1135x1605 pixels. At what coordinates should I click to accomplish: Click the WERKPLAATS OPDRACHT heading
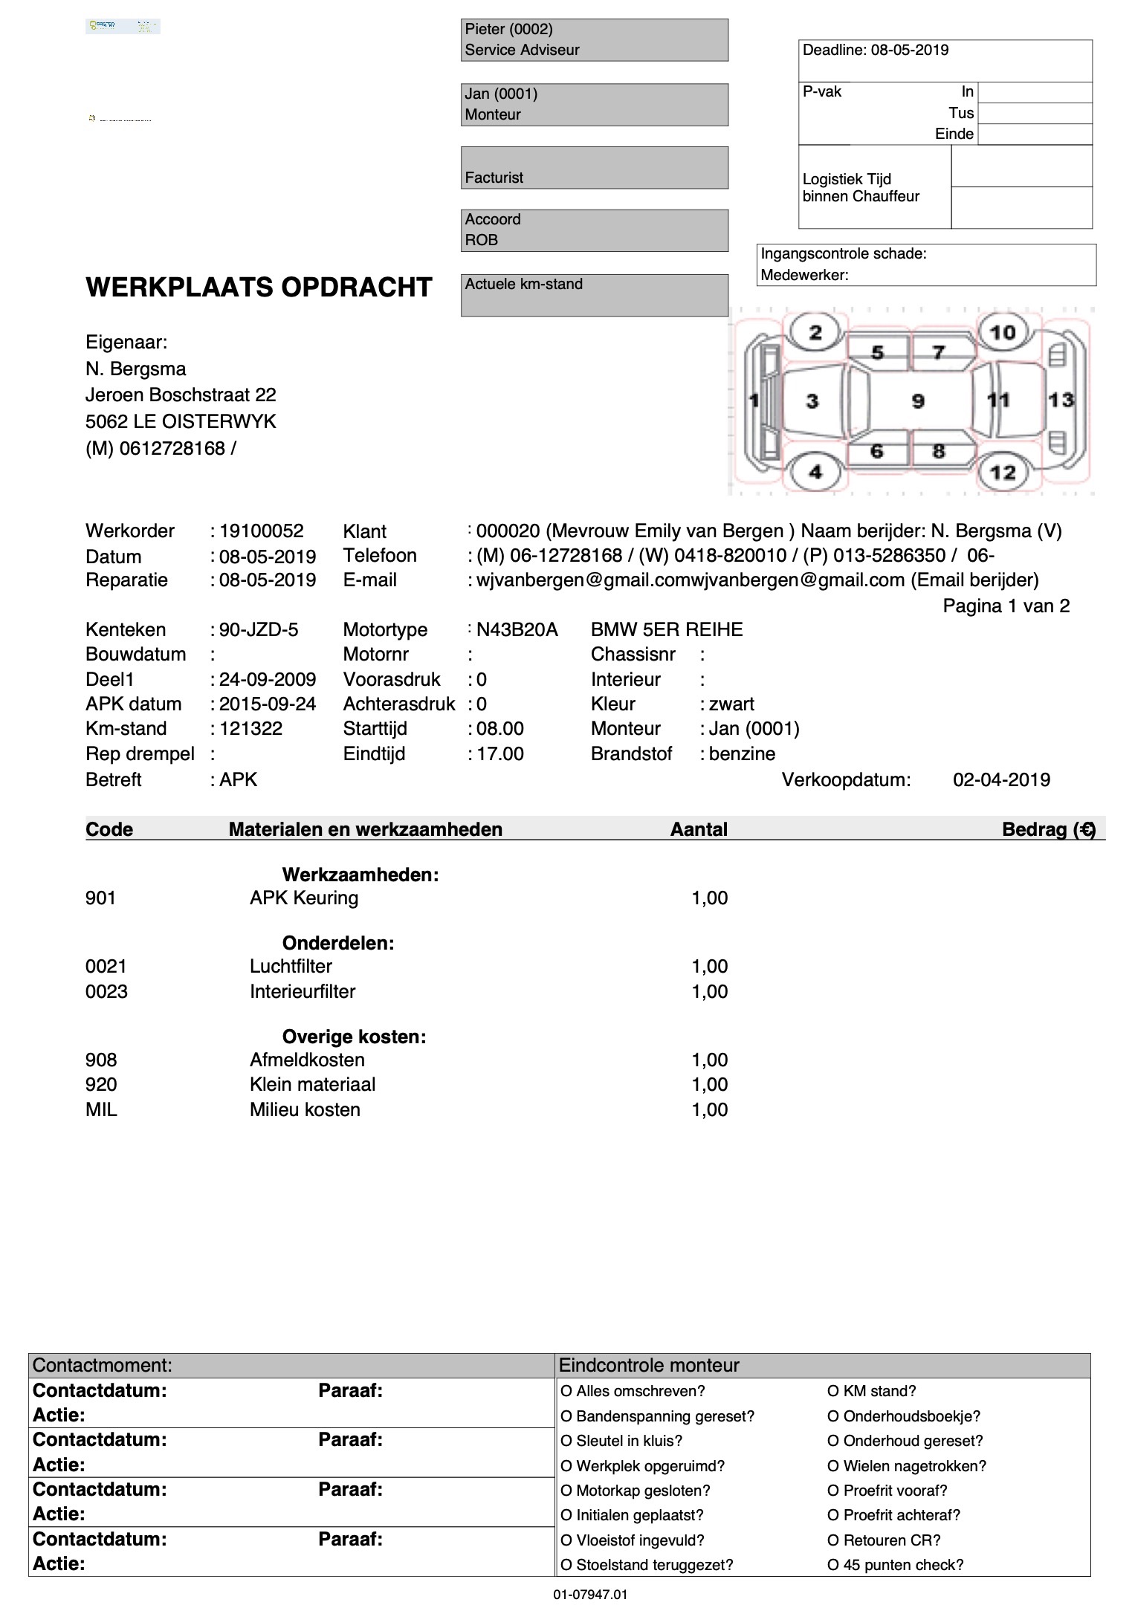[259, 288]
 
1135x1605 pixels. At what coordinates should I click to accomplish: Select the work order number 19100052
[261, 531]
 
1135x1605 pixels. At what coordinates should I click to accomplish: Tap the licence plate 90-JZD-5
[258, 630]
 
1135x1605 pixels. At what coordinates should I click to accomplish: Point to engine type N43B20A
[517, 630]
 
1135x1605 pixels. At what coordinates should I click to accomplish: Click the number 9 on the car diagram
[918, 401]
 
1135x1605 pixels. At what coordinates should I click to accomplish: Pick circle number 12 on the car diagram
[1002, 472]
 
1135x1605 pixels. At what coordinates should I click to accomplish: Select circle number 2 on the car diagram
[815, 332]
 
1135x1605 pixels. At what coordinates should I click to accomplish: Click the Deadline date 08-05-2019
[910, 50]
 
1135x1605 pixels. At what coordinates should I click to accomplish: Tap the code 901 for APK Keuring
[100, 898]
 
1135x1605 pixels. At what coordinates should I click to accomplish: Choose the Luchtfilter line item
[291, 966]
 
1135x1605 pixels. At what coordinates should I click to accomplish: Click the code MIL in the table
[101, 1109]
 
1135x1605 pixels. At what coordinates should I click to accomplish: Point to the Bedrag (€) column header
[1048, 829]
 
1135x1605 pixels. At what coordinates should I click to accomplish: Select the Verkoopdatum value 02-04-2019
[1001, 779]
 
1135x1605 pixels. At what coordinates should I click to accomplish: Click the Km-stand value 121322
[250, 728]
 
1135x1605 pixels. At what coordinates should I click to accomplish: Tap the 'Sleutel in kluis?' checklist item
[621, 1441]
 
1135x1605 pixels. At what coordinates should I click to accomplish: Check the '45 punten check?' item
[896, 1565]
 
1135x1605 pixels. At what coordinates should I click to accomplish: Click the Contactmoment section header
[103, 1365]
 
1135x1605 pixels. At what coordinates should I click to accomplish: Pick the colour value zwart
[731, 704]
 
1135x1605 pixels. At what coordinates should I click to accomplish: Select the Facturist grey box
[594, 167]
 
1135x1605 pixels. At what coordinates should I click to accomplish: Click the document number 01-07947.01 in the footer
[590, 1594]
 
